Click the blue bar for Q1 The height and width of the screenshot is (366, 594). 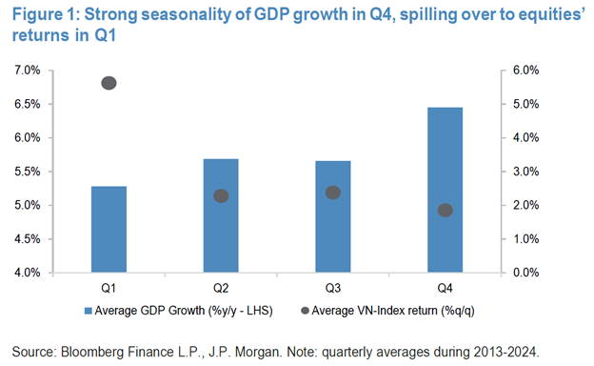click(109, 229)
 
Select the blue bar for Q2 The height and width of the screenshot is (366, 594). click(221, 215)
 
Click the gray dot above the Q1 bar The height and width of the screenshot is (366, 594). click(109, 83)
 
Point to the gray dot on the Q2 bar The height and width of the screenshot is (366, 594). click(221, 195)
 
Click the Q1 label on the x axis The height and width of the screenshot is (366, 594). click(109, 286)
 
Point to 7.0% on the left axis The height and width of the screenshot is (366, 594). click(27, 71)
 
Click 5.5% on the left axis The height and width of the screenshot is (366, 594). click(27, 172)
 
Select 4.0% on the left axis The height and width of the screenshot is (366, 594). click(27, 273)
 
